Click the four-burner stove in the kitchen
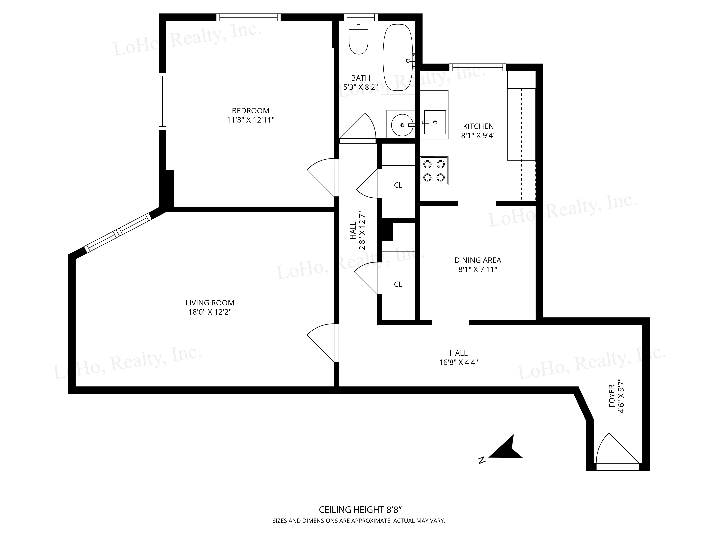(x=434, y=171)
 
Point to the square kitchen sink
(x=435, y=122)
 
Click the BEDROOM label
(x=250, y=111)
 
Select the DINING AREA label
(x=477, y=260)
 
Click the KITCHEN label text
(x=478, y=126)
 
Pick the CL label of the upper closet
(x=398, y=185)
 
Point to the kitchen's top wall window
(x=477, y=67)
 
